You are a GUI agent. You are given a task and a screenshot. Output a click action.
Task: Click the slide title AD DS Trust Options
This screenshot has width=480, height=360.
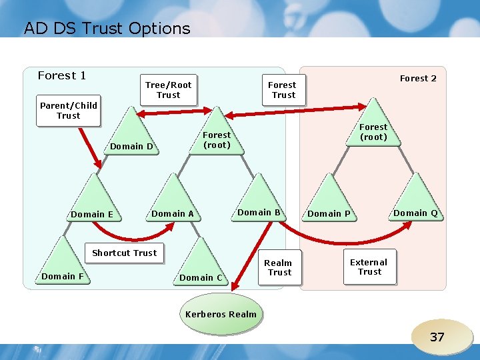click(x=107, y=29)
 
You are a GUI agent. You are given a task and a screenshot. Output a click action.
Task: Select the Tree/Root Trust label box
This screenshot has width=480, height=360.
click(x=169, y=90)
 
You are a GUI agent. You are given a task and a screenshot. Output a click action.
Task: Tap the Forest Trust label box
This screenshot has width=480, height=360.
click(x=282, y=90)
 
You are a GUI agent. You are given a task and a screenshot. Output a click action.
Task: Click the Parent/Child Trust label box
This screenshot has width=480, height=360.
click(x=69, y=111)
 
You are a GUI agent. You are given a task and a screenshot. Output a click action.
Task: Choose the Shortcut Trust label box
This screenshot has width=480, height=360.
click(x=125, y=253)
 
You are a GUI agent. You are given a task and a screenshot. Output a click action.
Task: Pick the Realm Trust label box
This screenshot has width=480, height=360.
click(x=279, y=267)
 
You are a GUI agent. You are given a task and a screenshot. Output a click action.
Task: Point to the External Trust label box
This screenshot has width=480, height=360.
click(x=369, y=267)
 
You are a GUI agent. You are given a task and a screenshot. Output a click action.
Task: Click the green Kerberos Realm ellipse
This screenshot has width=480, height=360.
click(x=221, y=314)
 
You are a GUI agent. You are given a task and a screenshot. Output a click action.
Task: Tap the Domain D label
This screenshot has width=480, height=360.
click(x=132, y=147)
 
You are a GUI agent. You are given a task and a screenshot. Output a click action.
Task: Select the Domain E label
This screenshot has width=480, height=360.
click(x=92, y=215)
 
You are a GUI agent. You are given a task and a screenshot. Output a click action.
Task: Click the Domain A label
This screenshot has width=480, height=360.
click(x=173, y=214)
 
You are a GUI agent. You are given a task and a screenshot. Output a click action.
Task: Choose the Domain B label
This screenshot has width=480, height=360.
click(x=259, y=213)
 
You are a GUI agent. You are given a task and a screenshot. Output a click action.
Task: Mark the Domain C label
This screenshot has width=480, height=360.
click(x=201, y=278)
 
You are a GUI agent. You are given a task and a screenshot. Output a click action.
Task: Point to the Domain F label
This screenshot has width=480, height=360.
click(x=63, y=276)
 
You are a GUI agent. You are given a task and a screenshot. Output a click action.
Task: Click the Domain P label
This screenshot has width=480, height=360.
click(x=329, y=214)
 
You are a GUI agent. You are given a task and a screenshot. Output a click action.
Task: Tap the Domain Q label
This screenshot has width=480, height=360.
click(x=415, y=213)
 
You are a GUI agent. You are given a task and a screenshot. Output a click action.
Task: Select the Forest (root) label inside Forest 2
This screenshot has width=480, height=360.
click(x=373, y=132)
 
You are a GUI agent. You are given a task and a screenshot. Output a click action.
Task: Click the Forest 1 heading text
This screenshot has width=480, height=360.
click(x=62, y=76)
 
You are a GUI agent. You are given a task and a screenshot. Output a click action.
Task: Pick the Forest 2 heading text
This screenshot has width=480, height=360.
click(x=418, y=79)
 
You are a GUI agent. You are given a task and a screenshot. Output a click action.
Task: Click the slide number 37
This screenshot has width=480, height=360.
click(x=437, y=337)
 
